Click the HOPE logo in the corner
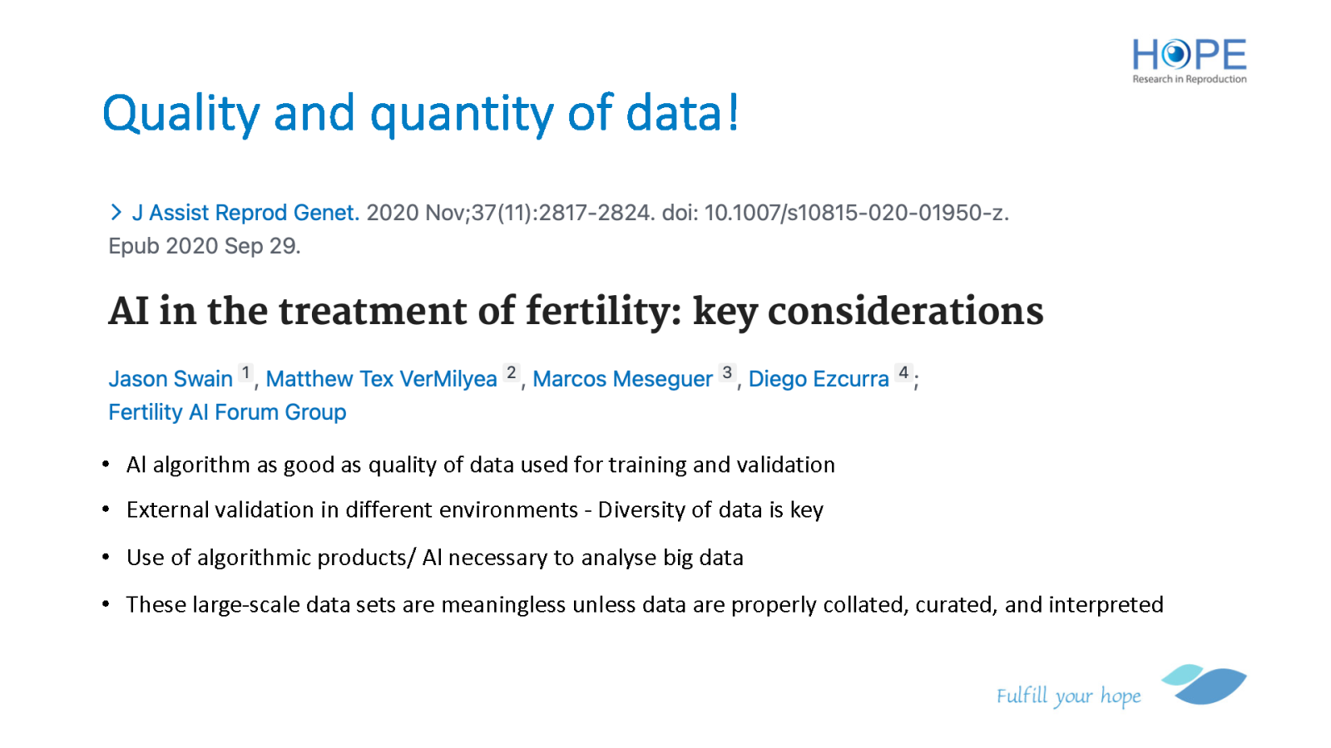(x=1189, y=62)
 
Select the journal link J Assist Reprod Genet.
(x=245, y=213)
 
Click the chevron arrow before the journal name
(x=116, y=212)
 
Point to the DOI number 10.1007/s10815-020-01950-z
(x=856, y=213)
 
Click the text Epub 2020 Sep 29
(x=205, y=246)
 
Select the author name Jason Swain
(x=171, y=379)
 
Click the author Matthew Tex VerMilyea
(x=381, y=379)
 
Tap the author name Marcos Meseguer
(x=622, y=379)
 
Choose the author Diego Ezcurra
(x=819, y=379)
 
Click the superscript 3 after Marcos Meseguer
(x=727, y=373)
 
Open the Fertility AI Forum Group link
(x=227, y=412)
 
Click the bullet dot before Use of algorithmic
(x=106, y=557)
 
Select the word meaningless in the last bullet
(x=503, y=605)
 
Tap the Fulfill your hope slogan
(x=1068, y=696)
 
